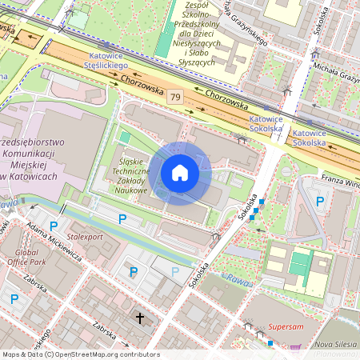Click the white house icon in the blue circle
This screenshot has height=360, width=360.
(x=180, y=173)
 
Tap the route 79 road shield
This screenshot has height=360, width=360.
(x=175, y=97)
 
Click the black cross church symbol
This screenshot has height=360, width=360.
(x=140, y=318)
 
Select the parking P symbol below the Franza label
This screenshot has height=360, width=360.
(x=320, y=202)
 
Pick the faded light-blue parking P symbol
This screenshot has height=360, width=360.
(x=175, y=272)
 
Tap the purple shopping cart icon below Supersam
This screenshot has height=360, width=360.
(x=294, y=347)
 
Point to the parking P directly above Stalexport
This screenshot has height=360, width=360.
(x=122, y=219)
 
